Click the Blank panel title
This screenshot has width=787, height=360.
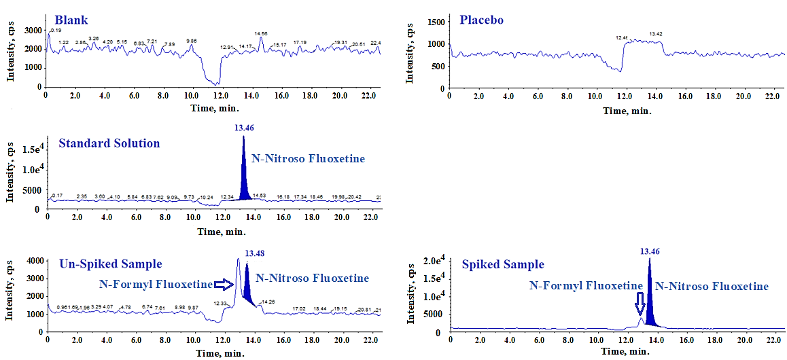point(71,20)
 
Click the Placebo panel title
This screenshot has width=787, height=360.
point(482,19)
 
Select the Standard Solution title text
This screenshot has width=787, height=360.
point(109,143)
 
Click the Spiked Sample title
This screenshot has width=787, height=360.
point(503,264)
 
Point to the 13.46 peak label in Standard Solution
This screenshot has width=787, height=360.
point(243,128)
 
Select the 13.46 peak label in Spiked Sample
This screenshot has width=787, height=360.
point(650,251)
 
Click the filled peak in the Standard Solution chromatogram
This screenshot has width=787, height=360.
point(243,183)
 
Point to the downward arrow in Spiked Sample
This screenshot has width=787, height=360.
point(640,302)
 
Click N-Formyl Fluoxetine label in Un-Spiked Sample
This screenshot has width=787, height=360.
point(156,285)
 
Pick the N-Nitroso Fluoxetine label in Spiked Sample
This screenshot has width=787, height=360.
point(712,286)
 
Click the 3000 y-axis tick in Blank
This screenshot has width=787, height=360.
point(33,30)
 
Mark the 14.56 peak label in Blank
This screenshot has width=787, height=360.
point(261,33)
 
